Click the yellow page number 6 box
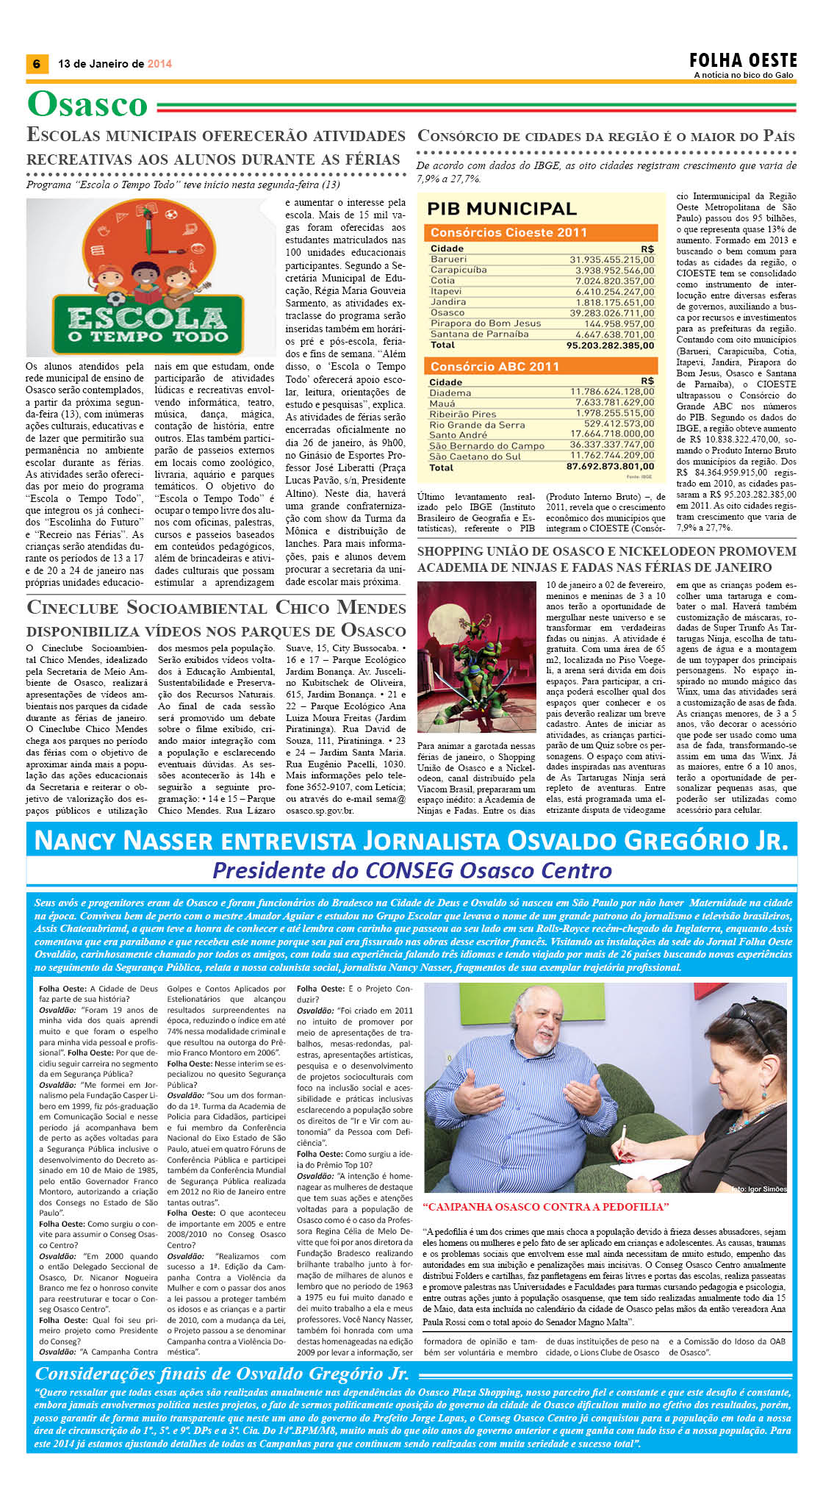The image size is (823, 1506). point(36,63)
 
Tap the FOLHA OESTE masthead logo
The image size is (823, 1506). point(743,60)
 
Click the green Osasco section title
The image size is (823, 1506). point(87,104)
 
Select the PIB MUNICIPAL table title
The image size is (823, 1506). point(502,209)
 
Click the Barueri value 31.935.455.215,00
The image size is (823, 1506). point(611,259)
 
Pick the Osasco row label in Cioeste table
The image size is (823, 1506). point(448,312)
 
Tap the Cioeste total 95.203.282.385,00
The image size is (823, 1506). point(610,345)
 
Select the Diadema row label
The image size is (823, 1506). point(450,392)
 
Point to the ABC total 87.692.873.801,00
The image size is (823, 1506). point(610,467)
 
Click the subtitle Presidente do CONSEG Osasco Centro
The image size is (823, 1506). point(412,870)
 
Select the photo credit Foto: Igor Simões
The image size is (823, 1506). point(759,1188)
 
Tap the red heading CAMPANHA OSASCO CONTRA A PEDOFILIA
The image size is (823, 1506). point(546,1207)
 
